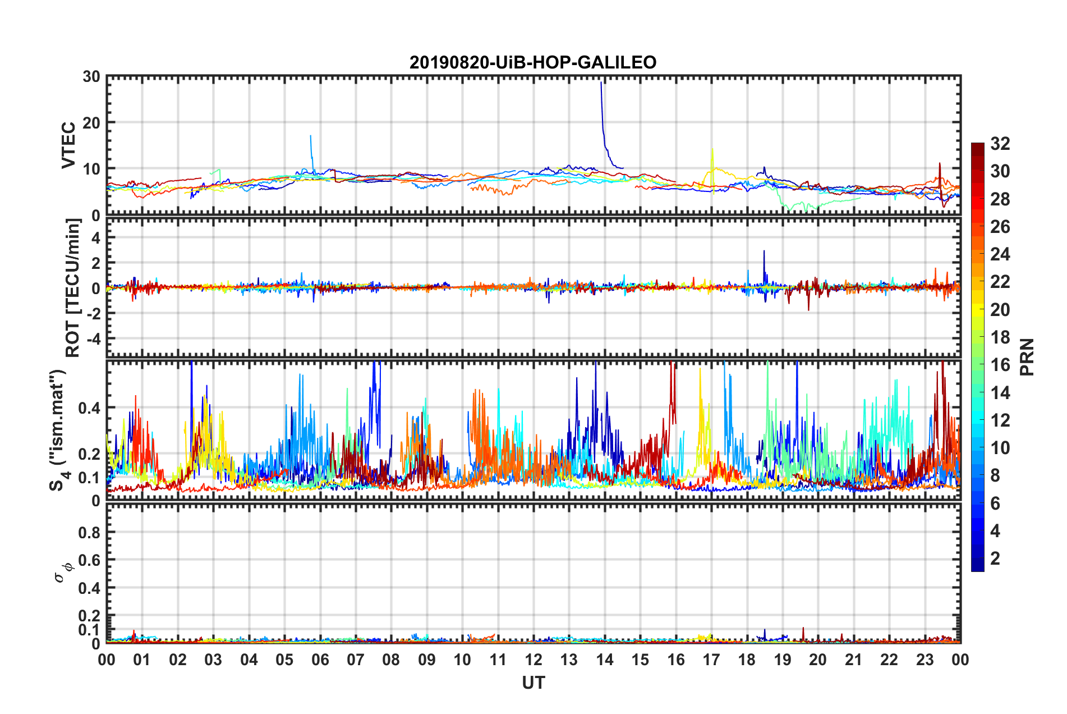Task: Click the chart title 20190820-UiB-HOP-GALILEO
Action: (532, 62)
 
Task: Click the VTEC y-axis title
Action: (68, 145)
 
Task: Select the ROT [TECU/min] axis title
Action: (73, 288)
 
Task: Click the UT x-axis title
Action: (533, 683)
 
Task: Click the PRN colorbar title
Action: (1027, 357)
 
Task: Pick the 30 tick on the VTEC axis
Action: (91, 77)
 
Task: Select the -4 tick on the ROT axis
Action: (92, 339)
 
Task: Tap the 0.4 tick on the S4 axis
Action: (90, 408)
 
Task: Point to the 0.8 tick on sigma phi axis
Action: (90, 532)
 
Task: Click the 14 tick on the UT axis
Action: (604, 660)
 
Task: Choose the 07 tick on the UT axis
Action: (356, 660)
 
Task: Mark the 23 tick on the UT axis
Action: (925, 660)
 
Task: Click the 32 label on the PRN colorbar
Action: (1000, 144)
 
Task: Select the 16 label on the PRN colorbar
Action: (1000, 365)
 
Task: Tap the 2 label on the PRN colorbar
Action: (995, 559)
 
